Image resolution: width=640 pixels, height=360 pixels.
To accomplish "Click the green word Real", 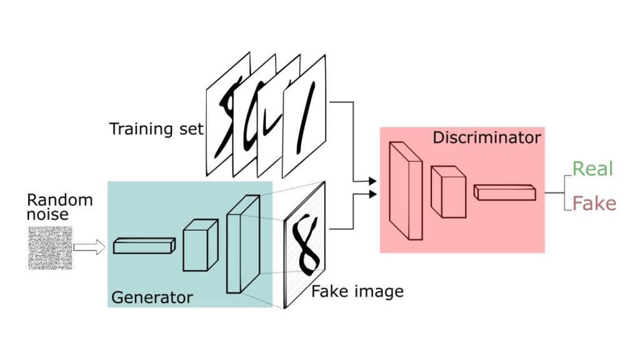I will tap(592, 169).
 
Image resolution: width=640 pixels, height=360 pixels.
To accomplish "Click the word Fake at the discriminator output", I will tap(594, 204).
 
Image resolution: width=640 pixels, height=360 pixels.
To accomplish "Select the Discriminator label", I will tap(486, 137).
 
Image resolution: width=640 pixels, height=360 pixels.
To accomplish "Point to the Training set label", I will tap(156, 129).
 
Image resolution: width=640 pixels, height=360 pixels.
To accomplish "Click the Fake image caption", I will tap(357, 291).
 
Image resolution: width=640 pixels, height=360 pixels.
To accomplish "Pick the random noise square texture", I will tap(50, 248).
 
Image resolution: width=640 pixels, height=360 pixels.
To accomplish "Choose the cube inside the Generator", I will tap(200, 245).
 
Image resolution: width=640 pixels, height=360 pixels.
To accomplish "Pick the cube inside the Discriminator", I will tap(447, 191).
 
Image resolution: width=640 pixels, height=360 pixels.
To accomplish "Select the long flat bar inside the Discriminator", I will tap(504, 192).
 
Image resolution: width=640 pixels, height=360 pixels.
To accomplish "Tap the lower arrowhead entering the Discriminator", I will tap(373, 194).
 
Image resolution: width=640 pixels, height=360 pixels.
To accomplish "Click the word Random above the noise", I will tap(59, 201).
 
